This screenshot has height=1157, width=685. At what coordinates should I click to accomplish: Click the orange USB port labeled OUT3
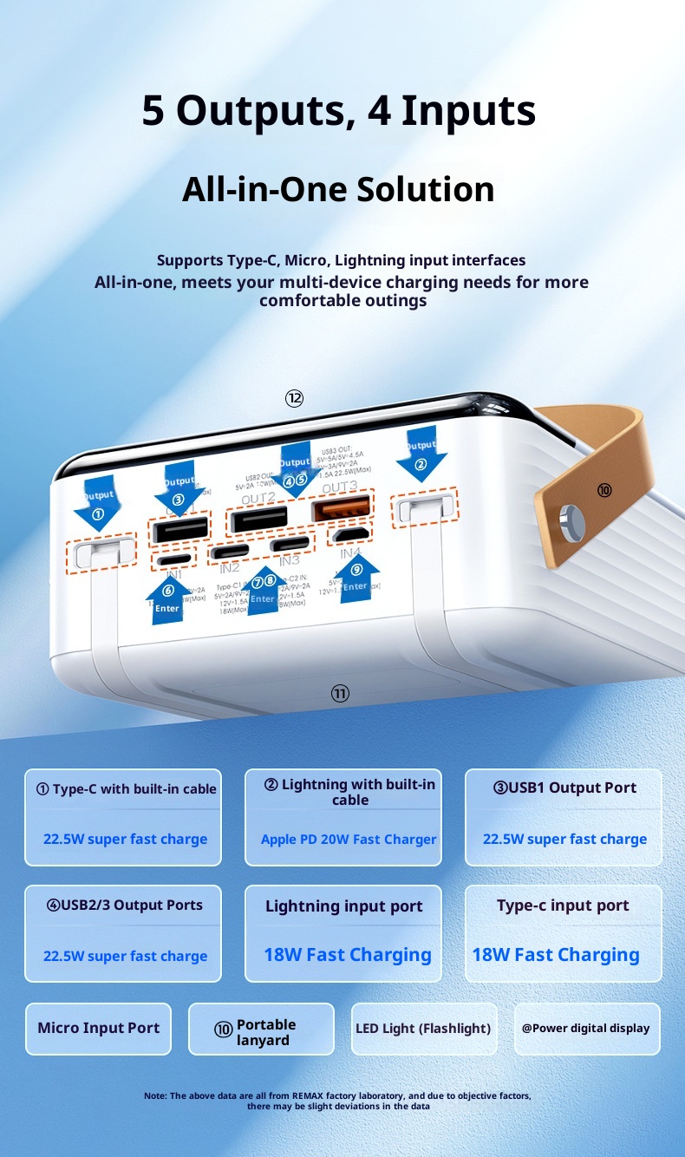tap(342, 508)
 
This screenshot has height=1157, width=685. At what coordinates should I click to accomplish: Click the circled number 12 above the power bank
tap(294, 398)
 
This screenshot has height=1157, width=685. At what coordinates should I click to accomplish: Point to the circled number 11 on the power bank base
tap(340, 693)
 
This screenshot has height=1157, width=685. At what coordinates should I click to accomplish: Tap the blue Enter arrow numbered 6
tap(167, 598)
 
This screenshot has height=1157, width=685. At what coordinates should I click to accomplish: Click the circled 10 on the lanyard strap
tap(604, 490)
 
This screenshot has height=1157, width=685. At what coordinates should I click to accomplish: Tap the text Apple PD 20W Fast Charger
tap(349, 840)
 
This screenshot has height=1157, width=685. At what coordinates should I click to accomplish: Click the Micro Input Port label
tap(98, 1029)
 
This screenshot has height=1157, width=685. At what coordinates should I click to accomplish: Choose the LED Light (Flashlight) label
tap(423, 1029)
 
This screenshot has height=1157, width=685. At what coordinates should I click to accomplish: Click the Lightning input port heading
tap(343, 907)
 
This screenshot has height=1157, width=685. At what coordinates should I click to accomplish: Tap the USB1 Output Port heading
tap(564, 788)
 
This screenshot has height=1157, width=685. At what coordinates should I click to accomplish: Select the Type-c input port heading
tap(563, 905)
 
